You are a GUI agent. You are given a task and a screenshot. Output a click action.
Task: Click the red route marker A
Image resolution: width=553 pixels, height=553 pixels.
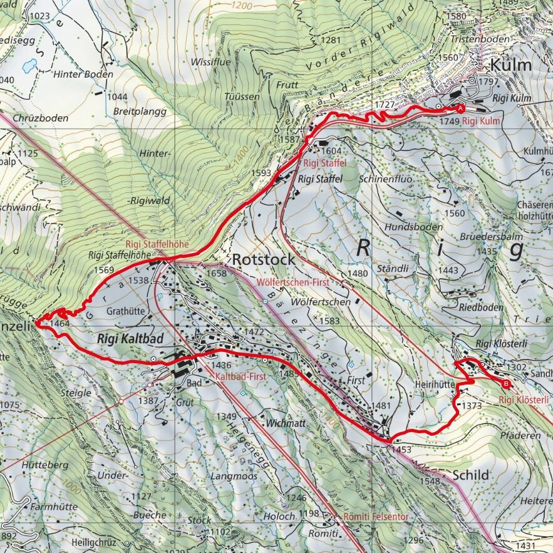(x=461, y=108)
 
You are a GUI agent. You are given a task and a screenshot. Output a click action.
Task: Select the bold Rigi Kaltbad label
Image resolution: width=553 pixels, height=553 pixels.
(x=130, y=338)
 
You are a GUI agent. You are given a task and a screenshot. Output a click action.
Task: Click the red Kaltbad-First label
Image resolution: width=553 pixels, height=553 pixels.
(x=241, y=378)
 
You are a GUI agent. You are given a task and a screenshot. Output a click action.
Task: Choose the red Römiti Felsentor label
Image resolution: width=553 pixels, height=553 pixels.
(x=376, y=517)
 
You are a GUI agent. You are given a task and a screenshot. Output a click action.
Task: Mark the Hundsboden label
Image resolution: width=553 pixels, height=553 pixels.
(x=413, y=227)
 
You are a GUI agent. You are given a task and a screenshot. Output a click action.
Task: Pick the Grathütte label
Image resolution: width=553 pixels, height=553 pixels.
(x=126, y=309)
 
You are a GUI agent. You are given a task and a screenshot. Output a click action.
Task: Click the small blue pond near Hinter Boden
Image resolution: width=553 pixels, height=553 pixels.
(x=29, y=65)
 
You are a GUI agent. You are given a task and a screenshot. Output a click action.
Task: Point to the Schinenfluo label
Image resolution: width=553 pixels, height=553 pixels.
(x=386, y=178)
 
